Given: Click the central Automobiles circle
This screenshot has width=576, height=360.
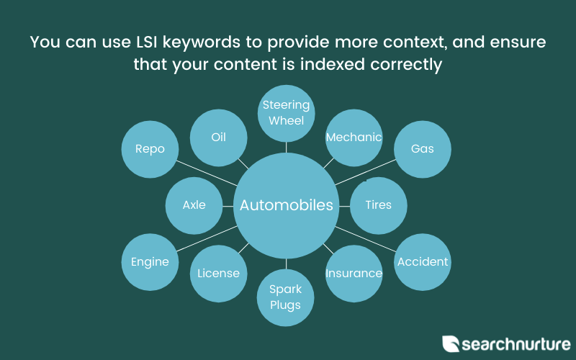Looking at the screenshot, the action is pos(286,206).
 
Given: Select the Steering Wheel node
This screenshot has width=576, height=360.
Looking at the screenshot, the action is pos(286,114).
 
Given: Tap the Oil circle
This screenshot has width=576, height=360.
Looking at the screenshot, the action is pos(219,138).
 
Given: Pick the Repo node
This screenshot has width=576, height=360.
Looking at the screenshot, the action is pos(150,149).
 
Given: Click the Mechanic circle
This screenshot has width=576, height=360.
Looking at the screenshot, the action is pos(354,138).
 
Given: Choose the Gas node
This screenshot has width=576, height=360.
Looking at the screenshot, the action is pos(423,149).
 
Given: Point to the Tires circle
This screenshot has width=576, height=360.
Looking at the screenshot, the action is pos(379,206).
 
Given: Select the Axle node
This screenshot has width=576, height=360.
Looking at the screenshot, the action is pos(194,206).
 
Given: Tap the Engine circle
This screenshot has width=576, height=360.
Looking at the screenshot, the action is pos(150,262).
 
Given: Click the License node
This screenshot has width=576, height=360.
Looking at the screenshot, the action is pos(219,274).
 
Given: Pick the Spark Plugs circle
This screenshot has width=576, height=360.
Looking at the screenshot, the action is pos(285,297).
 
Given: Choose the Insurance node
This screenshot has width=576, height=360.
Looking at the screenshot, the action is pos(354,274).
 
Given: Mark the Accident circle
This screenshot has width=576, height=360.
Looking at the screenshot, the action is pos(423,262).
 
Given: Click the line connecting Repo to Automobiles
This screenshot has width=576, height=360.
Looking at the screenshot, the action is pos(207,173).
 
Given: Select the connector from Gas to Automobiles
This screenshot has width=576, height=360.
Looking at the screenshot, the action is pos(366,172).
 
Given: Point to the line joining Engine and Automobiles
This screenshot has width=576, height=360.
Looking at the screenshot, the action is pos(207,239).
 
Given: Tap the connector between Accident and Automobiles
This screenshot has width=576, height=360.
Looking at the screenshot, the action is pos(366,239).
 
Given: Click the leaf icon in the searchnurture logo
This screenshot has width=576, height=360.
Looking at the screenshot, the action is pos(451,344).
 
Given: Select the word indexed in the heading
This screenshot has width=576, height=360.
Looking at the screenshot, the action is pos(333,64).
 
